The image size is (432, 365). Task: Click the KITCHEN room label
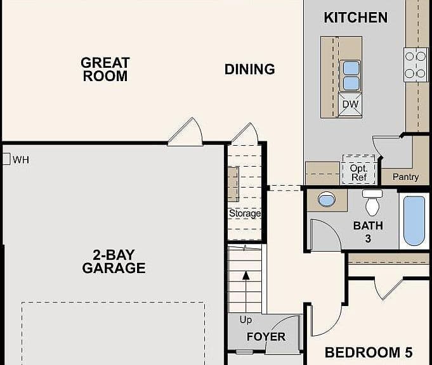click(x=355, y=18)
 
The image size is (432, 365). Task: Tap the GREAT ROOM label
click(x=105, y=69)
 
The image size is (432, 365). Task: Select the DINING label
click(x=249, y=69)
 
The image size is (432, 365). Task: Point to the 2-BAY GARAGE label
click(x=114, y=262)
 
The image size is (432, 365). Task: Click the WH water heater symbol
click(x=6, y=159)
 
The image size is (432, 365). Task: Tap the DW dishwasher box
click(x=350, y=105)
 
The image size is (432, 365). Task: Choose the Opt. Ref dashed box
click(x=358, y=170)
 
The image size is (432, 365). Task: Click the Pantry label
click(x=405, y=177)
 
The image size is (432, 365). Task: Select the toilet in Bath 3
click(x=372, y=202)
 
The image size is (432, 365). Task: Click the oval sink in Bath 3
click(x=327, y=199)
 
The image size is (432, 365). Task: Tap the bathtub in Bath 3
click(x=414, y=221)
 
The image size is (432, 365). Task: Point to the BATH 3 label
click(x=368, y=232)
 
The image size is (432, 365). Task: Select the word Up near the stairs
click(x=245, y=320)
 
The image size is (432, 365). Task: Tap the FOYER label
click(x=266, y=336)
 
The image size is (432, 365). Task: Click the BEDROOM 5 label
click(x=369, y=352)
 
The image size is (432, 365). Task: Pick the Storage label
click(x=245, y=214)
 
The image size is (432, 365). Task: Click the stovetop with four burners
click(x=416, y=65)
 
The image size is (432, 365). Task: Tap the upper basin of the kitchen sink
click(x=351, y=68)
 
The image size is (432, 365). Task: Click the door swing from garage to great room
click(x=185, y=132)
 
